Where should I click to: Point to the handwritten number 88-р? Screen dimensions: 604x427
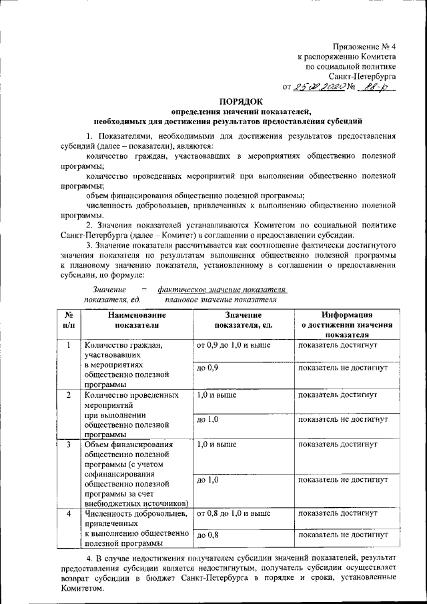click(376, 87)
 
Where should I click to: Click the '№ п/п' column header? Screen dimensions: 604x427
click(69, 320)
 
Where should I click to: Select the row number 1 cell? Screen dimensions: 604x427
click(69, 346)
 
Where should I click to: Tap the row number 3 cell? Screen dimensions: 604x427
click(69, 444)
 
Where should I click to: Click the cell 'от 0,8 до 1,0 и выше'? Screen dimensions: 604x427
click(233, 513)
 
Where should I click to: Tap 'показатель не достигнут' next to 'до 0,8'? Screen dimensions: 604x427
click(344, 535)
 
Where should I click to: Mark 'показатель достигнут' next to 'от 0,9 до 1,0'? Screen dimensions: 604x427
click(338, 346)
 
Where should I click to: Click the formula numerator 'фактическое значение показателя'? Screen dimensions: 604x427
click(222, 290)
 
